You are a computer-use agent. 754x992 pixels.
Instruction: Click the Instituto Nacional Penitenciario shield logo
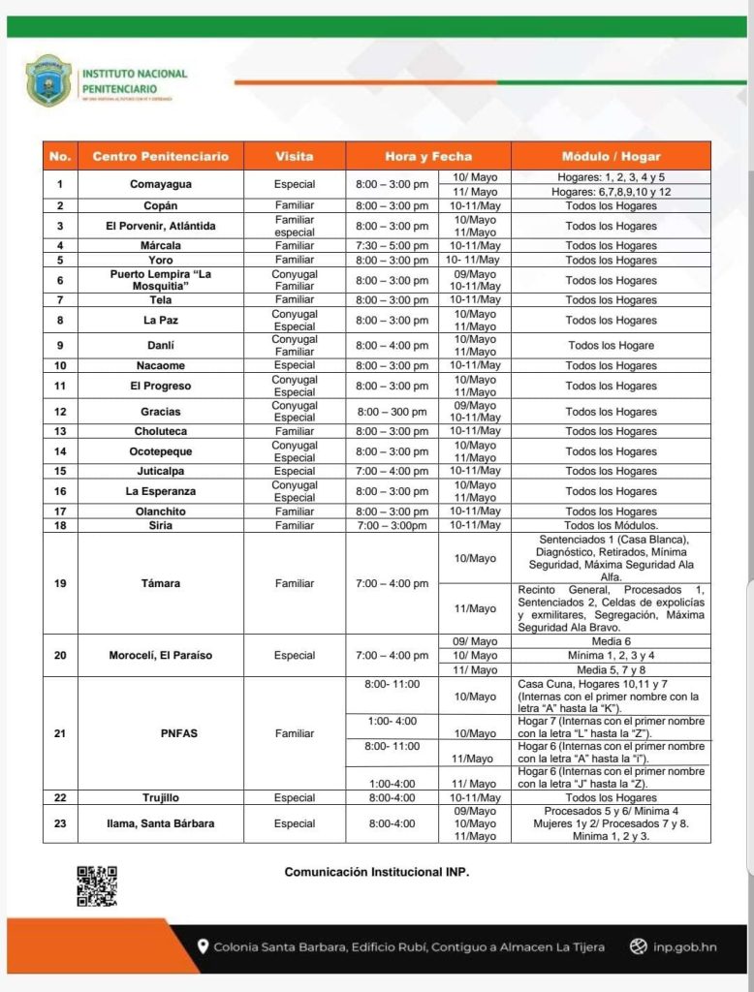click(47, 79)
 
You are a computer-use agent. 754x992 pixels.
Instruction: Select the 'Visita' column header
click(295, 156)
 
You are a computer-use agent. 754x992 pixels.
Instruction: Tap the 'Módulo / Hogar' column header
click(611, 156)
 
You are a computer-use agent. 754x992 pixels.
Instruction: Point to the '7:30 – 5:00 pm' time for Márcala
click(392, 246)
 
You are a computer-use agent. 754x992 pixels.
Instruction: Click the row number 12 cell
click(60, 412)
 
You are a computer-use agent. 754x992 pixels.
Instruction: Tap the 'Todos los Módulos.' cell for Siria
click(611, 525)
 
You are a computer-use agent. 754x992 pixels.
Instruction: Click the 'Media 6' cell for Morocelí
click(611, 642)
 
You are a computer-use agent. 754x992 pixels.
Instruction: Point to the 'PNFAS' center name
click(178, 733)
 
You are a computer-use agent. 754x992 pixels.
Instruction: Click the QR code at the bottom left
click(96, 885)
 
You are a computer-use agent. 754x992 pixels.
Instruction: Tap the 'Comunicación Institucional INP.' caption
click(376, 872)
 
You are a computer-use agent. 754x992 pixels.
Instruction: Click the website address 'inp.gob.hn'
click(684, 946)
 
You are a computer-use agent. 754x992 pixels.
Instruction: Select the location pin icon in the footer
click(203, 946)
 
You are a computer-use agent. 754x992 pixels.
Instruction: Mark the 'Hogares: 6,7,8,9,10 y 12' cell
click(611, 192)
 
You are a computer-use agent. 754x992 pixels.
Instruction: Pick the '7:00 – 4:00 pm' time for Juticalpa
click(392, 471)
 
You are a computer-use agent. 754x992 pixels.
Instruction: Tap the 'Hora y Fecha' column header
click(427, 156)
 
